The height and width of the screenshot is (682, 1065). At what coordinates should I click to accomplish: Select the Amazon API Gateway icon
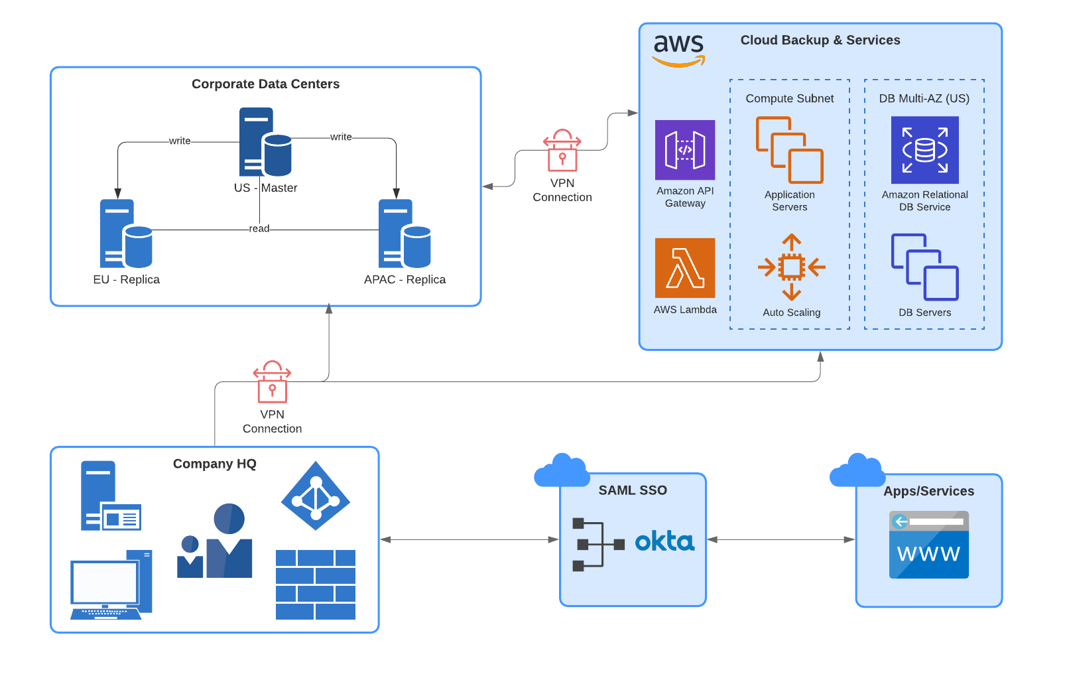[685, 150]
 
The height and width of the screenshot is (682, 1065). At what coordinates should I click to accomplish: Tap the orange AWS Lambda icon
[685, 268]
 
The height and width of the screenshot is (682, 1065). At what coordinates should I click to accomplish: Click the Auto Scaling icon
[791, 267]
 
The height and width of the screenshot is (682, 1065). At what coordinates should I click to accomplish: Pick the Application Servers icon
[789, 150]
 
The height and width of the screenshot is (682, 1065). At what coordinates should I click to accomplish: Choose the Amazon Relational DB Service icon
[924, 150]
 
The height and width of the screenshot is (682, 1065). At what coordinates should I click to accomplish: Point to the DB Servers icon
[924, 267]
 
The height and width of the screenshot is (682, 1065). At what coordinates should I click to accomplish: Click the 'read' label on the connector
[259, 229]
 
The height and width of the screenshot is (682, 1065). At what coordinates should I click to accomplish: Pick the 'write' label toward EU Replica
[180, 141]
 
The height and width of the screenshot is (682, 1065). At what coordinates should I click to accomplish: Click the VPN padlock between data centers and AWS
[562, 151]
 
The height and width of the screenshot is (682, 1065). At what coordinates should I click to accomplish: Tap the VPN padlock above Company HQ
[272, 382]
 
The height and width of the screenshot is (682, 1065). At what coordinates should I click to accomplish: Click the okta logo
[664, 541]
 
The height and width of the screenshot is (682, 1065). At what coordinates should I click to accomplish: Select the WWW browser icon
[928, 545]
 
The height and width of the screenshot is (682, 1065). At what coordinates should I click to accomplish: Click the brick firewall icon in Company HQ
[316, 584]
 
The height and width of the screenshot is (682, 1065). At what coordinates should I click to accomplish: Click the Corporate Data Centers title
[265, 84]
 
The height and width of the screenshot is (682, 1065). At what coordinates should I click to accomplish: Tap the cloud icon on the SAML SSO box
[562, 471]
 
